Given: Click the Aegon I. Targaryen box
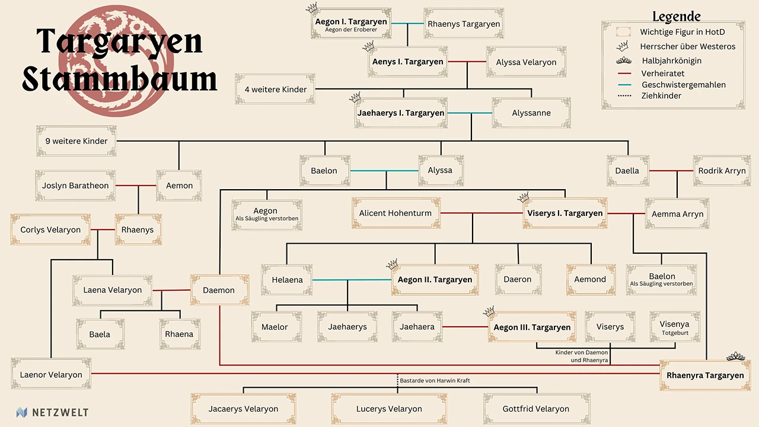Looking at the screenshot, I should tap(351, 24).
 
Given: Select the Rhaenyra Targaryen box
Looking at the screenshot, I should tap(704, 375).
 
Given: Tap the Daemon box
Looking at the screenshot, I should tap(219, 290).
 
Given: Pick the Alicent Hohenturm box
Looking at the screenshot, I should tap(396, 213).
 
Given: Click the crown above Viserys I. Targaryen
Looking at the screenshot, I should tap(523, 197).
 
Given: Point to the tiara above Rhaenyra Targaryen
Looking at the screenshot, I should tap(736, 356).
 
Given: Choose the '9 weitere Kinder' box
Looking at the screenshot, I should tap(76, 141).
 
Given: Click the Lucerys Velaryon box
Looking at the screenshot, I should tap(389, 409).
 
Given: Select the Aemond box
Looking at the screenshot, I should tap(590, 279).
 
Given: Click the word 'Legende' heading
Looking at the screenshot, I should tap(676, 17).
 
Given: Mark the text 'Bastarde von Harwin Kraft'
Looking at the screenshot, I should tap(435, 380).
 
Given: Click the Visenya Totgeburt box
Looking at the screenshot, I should tap(674, 327).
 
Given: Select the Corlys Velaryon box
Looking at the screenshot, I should tap(50, 230).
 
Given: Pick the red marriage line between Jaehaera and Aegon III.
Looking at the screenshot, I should tap(465, 327).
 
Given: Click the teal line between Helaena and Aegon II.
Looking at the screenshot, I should tap(352, 279).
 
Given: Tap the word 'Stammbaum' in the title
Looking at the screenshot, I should tap(119, 80).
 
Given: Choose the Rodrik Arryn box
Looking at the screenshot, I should tap(722, 171).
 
